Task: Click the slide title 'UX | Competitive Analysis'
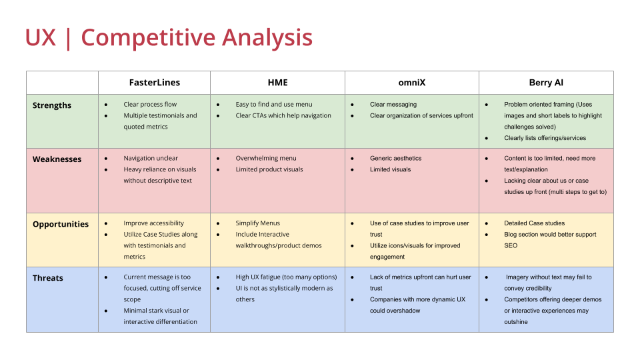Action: click(x=169, y=37)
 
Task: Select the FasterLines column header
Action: click(x=154, y=83)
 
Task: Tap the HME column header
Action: click(x=277, y=83)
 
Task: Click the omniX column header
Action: click(x=411, y=83)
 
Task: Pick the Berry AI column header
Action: click(x=545, y=83)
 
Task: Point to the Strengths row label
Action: click(x=52, y=105)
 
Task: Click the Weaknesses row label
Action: click(x=57, y=159)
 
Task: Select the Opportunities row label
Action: click(x=61, y=224)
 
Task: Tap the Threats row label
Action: click(x=48, y=278)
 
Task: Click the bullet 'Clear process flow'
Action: click(x=150, y=105)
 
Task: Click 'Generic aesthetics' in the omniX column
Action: click(x=395, y=159)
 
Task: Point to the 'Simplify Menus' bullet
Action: click(x=257, y=223)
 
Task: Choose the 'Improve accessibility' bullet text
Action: click(x=153, y=223)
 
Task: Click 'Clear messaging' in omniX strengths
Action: click(x=393, y=105)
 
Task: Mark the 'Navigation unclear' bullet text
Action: click(x=151, y=159)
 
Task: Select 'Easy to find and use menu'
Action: click(x=273, y=105)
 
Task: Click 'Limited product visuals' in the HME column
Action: click(x=269, y=169)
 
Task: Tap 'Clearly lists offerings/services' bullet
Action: click(x=545, y=138)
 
